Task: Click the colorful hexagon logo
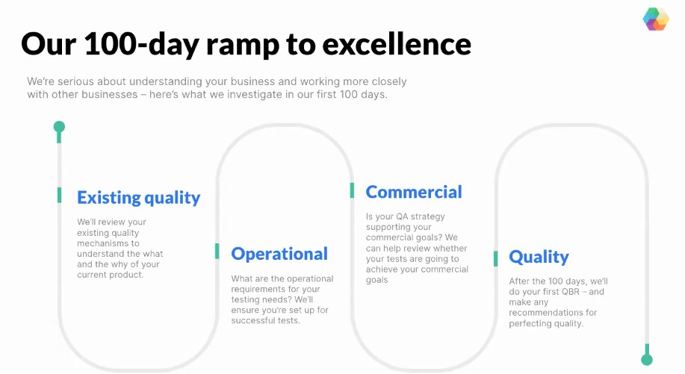pos(656,19)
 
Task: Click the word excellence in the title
pos(397,44)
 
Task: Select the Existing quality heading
pos(138,198)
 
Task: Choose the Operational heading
pos(279,254)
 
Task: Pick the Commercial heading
pos(414,192)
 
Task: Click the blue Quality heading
pos(539,257)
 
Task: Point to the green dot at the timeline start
pos(59,127)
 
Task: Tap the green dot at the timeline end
pos(647,360)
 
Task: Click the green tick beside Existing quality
pos(60,195)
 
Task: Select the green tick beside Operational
pos(217,251)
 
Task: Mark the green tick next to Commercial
pos(352,190)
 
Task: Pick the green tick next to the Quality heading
pos(495,258)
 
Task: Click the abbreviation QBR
pos(570,292)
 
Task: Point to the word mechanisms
pos(102,243)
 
